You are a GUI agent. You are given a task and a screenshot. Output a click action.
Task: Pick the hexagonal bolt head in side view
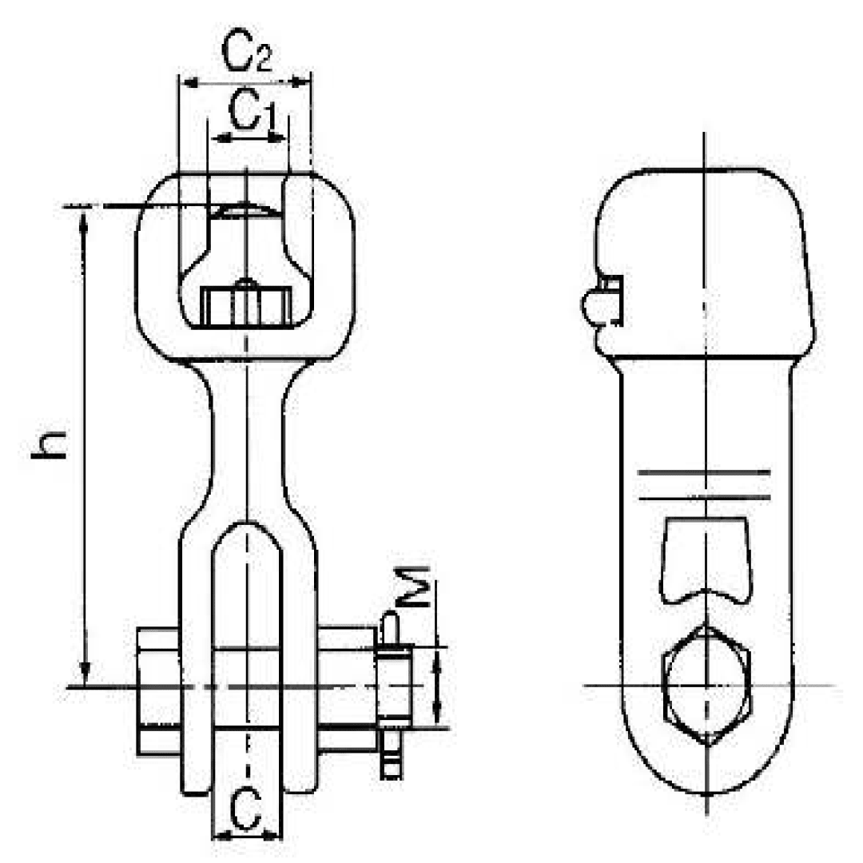pyautogui.click(x=707, y=685)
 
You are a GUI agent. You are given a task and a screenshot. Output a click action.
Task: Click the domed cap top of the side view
pyautogui.click(x=703, y=180)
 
